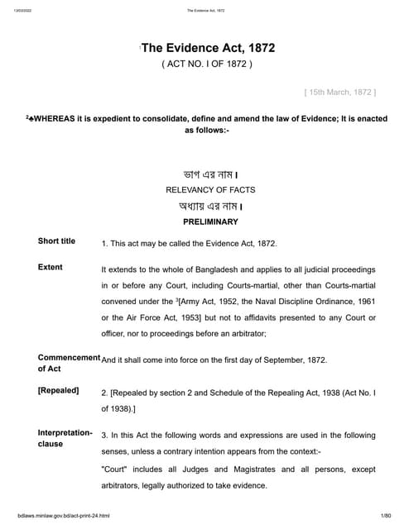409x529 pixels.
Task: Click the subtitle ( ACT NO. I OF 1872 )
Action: [207, 64]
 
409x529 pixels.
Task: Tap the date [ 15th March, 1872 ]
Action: [340, 90]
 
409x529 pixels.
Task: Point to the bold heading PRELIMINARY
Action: [210, 222]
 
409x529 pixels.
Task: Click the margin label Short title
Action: [56, 241]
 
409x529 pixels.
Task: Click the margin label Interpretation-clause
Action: [65, 438]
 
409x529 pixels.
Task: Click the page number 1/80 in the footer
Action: [385, 516]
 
